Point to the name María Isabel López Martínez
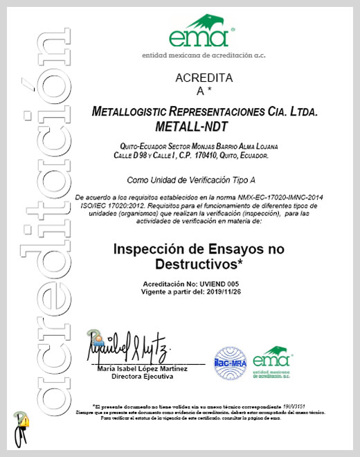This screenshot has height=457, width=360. (143, 371)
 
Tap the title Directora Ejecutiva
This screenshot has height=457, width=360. (143, 379)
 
